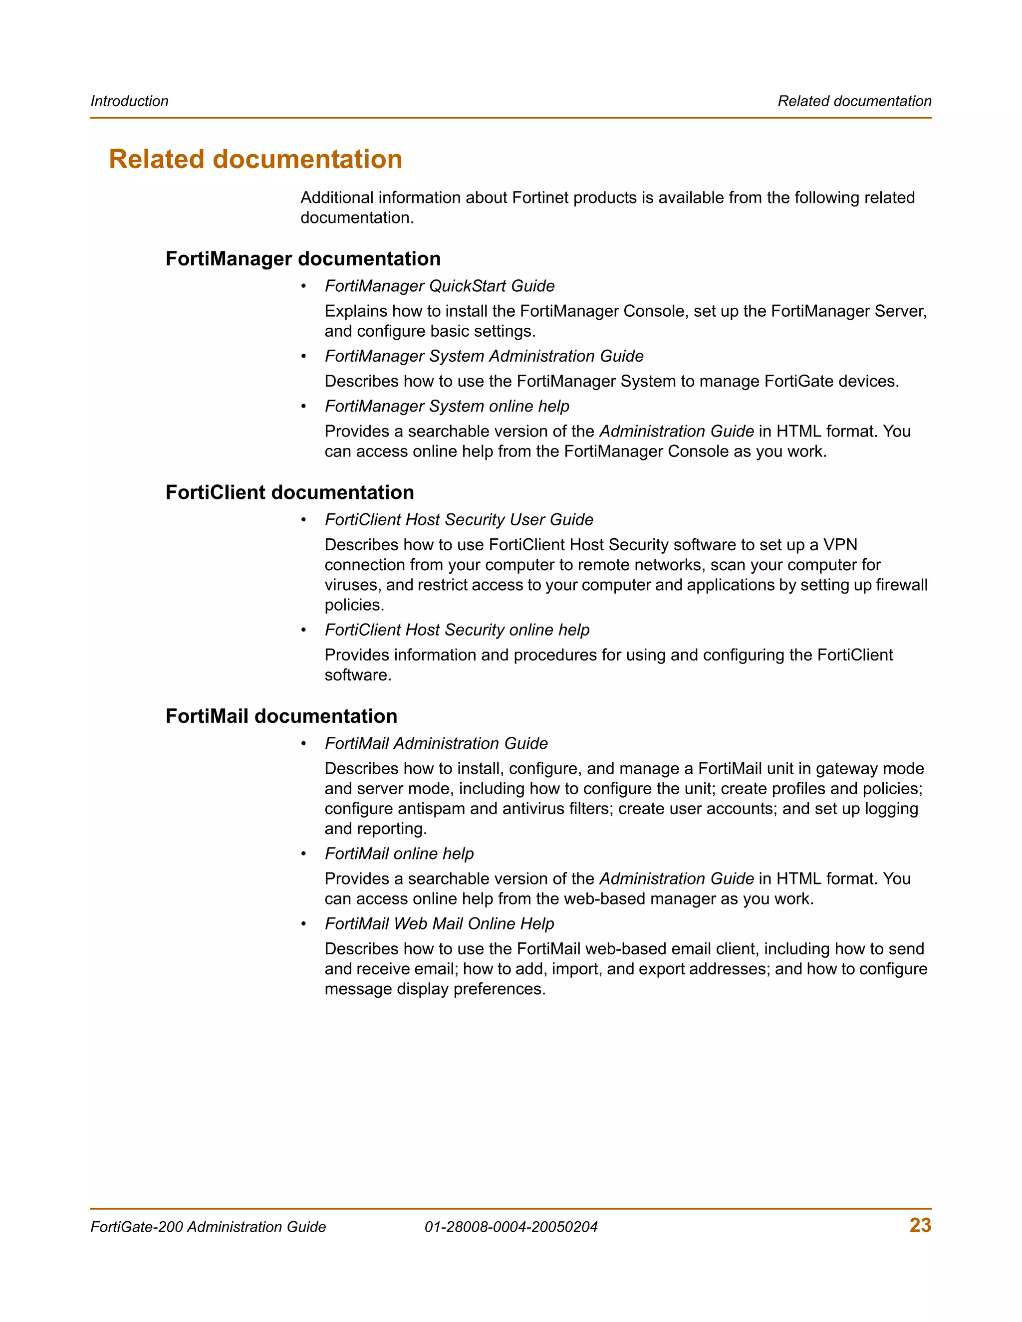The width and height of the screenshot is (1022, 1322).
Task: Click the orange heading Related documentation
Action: (255, 159)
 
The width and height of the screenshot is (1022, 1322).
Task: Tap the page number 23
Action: (920, 1225)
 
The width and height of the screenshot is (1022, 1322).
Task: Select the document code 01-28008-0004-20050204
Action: (511, 1227)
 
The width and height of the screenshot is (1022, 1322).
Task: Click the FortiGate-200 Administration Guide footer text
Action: (208, 1227)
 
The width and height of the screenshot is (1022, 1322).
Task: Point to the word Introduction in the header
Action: (130, 101)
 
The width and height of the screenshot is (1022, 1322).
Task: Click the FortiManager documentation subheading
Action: (303, 258)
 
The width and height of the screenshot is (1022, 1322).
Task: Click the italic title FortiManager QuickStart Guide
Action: (440, 286)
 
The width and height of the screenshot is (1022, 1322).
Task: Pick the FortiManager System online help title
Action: (447, 406)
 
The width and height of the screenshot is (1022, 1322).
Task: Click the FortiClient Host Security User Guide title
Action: (458, 519)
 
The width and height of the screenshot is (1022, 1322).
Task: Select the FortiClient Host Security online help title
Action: (457, 630)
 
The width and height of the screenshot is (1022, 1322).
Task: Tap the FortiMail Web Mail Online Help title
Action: (439, 924)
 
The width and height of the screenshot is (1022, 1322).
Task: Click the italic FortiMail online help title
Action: (399, 854)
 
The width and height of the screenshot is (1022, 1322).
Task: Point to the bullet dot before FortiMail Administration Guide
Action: (304, 744)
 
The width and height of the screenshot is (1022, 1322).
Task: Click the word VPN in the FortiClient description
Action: (840, 545)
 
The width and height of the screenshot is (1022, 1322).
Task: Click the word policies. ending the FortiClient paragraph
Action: (354, 605)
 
